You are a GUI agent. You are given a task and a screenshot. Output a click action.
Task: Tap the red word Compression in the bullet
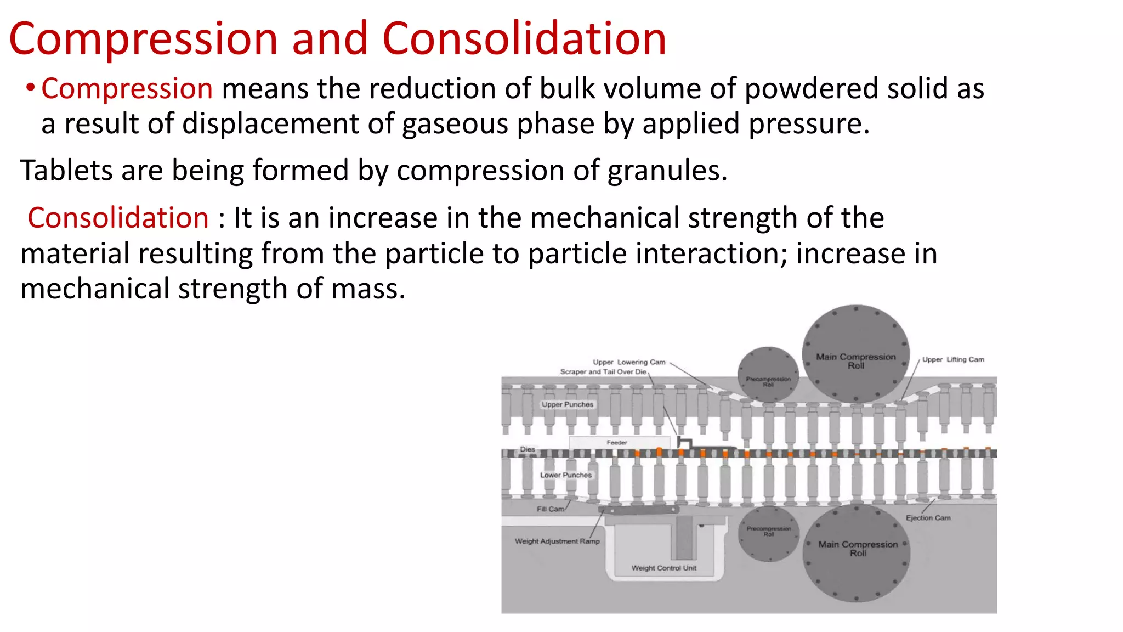click(x=127, y=89)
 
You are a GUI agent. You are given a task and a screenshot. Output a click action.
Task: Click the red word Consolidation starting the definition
click(x=118, y=218)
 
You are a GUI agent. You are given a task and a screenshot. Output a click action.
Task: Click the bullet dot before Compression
click(x=31, y=88)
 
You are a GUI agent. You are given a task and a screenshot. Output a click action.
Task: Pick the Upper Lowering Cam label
click(x=629, y=362)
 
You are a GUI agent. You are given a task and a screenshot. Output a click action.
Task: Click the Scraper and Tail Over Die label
click(x=603, y=371)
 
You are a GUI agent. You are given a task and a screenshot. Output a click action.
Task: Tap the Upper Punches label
click(x=568, y=404)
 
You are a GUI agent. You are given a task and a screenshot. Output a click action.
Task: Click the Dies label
click(x=528, y=449)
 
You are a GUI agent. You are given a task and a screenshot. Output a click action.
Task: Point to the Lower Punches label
click(x=566, y=475)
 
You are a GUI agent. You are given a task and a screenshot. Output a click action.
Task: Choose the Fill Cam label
click(x=550, y=509)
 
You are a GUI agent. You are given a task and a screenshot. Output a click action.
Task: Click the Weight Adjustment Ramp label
click(x=557, y=541)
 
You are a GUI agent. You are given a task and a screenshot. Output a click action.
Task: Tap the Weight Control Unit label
click(x=663, y=568)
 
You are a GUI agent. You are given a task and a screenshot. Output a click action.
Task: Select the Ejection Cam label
click(x=928, y=517)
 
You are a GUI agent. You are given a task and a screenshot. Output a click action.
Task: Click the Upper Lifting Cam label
click(x=953, y=359)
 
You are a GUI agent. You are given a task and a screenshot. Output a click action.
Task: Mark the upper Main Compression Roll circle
click(x=855, y=354)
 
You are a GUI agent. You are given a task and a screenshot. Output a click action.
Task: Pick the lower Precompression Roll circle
click(x=768, y=532)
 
